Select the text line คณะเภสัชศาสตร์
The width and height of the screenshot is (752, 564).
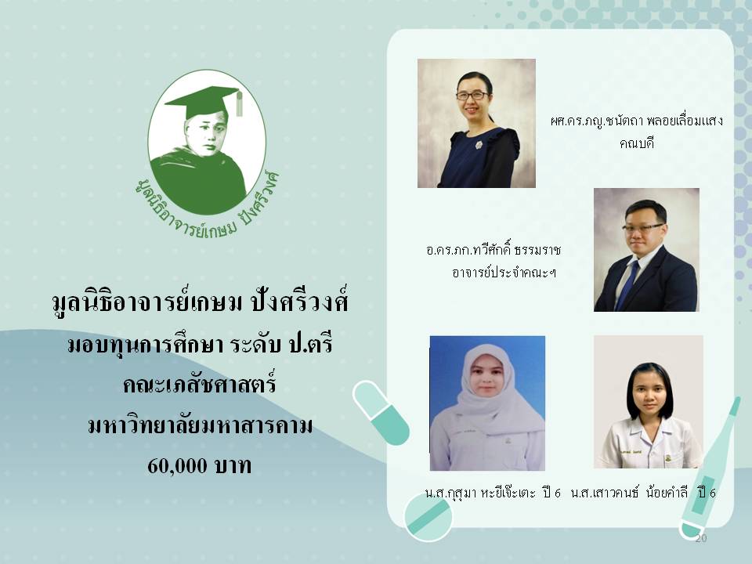click(200, 385)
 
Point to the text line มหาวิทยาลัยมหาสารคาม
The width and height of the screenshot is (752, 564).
click(200, 425)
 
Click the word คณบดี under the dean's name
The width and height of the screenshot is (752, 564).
click(637, 143)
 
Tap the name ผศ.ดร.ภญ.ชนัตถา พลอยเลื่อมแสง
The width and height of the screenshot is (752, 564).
click(636, 121)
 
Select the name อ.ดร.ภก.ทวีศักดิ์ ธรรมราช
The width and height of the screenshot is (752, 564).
click(493, 251)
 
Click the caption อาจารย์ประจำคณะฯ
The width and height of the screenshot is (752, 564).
click(504, 273)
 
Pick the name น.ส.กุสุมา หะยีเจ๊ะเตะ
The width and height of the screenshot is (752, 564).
click(480, 493)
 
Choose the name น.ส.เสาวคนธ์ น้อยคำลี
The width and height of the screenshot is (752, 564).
click(629, 492)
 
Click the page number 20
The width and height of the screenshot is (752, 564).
click(700, 538)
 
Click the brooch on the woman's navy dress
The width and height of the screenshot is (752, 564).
click(479, 144)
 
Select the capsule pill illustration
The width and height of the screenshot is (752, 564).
click(381, 413)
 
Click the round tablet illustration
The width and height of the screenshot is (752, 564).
click(428, 518)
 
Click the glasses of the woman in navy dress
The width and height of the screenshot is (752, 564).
click(472, 96)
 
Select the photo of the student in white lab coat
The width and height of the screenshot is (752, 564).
click(649, 402)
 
